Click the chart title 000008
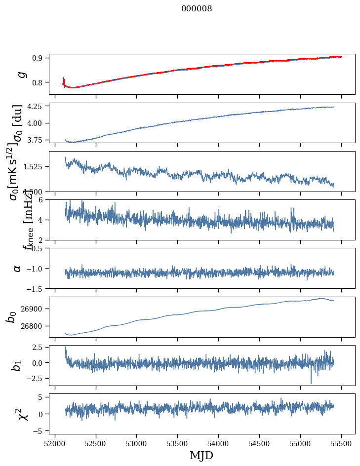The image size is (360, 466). (x=197, y=9)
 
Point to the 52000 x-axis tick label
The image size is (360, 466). (x=55, y=443)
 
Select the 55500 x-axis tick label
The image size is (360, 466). (x=341, y=443)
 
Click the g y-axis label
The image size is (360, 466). (x=20, y=74)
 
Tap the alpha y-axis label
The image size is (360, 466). (x=17, y=268)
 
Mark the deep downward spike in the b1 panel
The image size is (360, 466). (x=311, y=382)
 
